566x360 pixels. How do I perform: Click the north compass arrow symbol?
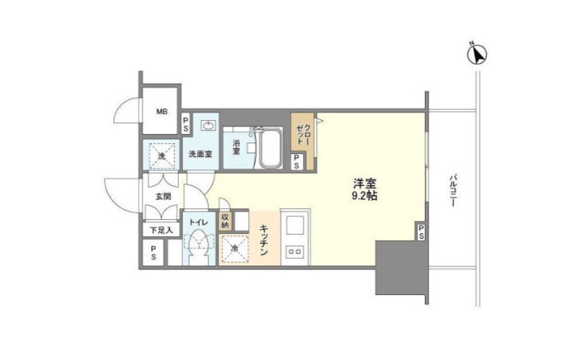(477, 53)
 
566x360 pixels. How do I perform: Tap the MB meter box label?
(162, 111)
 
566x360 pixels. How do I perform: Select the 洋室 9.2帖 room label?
(365, 190)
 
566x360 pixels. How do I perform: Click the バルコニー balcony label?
(452, 190)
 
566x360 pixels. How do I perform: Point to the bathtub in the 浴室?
(270, 147)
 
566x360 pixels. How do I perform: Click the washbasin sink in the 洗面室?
(209, 125)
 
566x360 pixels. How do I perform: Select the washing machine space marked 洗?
(162, 156)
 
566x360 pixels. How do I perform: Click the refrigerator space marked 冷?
(235, 249)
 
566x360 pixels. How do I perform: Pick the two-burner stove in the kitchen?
(295, 251)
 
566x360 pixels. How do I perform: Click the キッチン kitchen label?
(264, 240)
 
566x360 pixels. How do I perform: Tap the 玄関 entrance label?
(163, 197)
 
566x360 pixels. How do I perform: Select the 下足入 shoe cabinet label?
(161, 230)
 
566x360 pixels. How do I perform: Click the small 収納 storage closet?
(225, 221)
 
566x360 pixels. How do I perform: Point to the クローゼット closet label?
(304, 134)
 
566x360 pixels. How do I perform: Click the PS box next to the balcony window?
(421, 231)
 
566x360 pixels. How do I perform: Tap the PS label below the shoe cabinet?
(153, 252)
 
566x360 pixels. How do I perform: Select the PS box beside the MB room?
(186, 124)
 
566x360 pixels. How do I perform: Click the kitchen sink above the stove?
(295, 225)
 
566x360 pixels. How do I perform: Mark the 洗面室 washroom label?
(201, 154)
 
